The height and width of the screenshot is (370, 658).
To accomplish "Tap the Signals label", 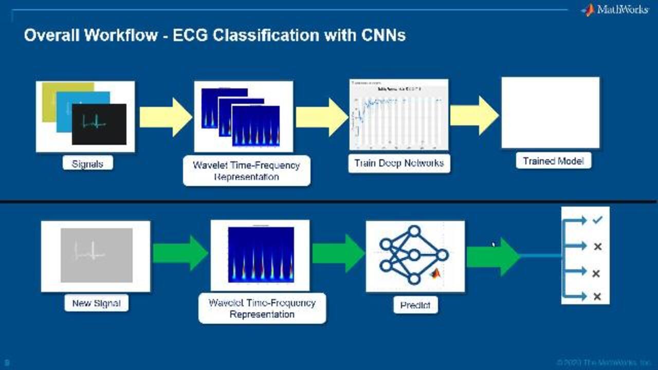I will (87, 164).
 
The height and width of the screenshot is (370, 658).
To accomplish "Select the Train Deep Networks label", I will (399, 163).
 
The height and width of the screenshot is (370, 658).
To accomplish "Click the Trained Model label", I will (553, 161).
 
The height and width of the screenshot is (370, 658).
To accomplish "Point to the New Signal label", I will (96, 303).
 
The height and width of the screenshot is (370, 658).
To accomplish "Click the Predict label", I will (415, 305).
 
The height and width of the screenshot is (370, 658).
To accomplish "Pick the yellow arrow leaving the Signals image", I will (166, 117).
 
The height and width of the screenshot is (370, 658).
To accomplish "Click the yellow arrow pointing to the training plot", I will (321, 117).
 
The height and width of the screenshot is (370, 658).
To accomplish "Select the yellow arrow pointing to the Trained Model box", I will (474, 116).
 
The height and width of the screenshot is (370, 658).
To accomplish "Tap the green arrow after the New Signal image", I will (180, 253).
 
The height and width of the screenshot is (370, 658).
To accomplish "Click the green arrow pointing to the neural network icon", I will (338, 253).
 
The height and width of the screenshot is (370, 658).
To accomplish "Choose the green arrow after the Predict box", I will (492, 256).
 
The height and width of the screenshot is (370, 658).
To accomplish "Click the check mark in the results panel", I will (597, 220).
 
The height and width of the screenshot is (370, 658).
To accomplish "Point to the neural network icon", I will (414, 255).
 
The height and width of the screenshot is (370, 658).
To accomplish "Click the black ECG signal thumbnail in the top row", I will (99, 124).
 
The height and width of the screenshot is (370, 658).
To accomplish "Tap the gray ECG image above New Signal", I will (96, 255).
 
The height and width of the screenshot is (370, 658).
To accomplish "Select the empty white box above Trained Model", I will (550, 113).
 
